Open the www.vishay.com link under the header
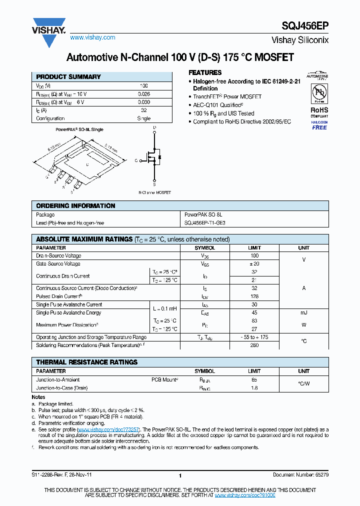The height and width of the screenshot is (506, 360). pyautogui.click(x=92, y=37)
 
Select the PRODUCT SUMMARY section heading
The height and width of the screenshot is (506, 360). pyautogui.click(x=68, y=77)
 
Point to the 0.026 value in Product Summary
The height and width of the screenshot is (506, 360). pyautogui.click(x=143, y=94)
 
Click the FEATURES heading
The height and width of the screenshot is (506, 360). pyautogui.click(x=205, y=72)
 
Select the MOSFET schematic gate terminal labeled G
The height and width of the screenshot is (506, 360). pyautogui.click(x=136, y=160)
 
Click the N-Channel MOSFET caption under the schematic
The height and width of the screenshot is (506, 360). pyautogui.click(x=154, y=192)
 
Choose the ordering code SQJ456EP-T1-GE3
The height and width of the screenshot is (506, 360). pyautogui.click(x=205, y=223)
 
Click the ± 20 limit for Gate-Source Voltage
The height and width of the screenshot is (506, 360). pyautogui.click(x=254, y=263)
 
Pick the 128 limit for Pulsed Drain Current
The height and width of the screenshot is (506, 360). pyautogui.click(x=254, y=296)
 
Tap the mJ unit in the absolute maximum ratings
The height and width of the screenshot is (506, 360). pyautogui.click(x=303, y=312)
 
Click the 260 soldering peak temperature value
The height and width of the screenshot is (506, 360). pyautogui.click(x=254, y=345)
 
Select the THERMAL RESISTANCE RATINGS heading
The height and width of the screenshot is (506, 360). pyautogui.click(x=86, y=362)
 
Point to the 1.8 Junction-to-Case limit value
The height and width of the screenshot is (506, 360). pyautogui.click(x=254, y=387)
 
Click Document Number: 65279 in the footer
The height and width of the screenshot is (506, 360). pyautogui.click(x=300, y=474)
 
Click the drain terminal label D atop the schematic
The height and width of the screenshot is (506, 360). pyautogui.click(x=154, y=128)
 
